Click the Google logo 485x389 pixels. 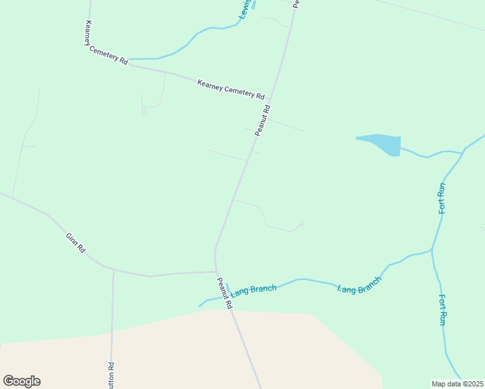(x=21, y=381)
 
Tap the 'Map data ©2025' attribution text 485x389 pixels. (x=457, y=383)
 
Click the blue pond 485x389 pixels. (x=382, y=144)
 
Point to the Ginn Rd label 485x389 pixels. (x=75, y=243)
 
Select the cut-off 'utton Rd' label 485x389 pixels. (x=112, y=375)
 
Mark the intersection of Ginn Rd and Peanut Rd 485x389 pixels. (x=215, y=272)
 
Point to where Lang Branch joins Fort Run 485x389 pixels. (x=432, y=249)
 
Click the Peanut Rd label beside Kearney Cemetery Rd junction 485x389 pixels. (x=262, y=121)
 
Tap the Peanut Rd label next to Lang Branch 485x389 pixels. (x=224, y=293)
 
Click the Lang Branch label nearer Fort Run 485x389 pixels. (x=359, y=285)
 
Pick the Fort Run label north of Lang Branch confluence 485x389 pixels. (x=442, y=198)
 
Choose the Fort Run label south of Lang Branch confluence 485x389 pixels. (x=443, y=310)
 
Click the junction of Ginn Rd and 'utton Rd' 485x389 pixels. (x=113, y=269)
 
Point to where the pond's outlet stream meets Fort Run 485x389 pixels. (x=462, y=153)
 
